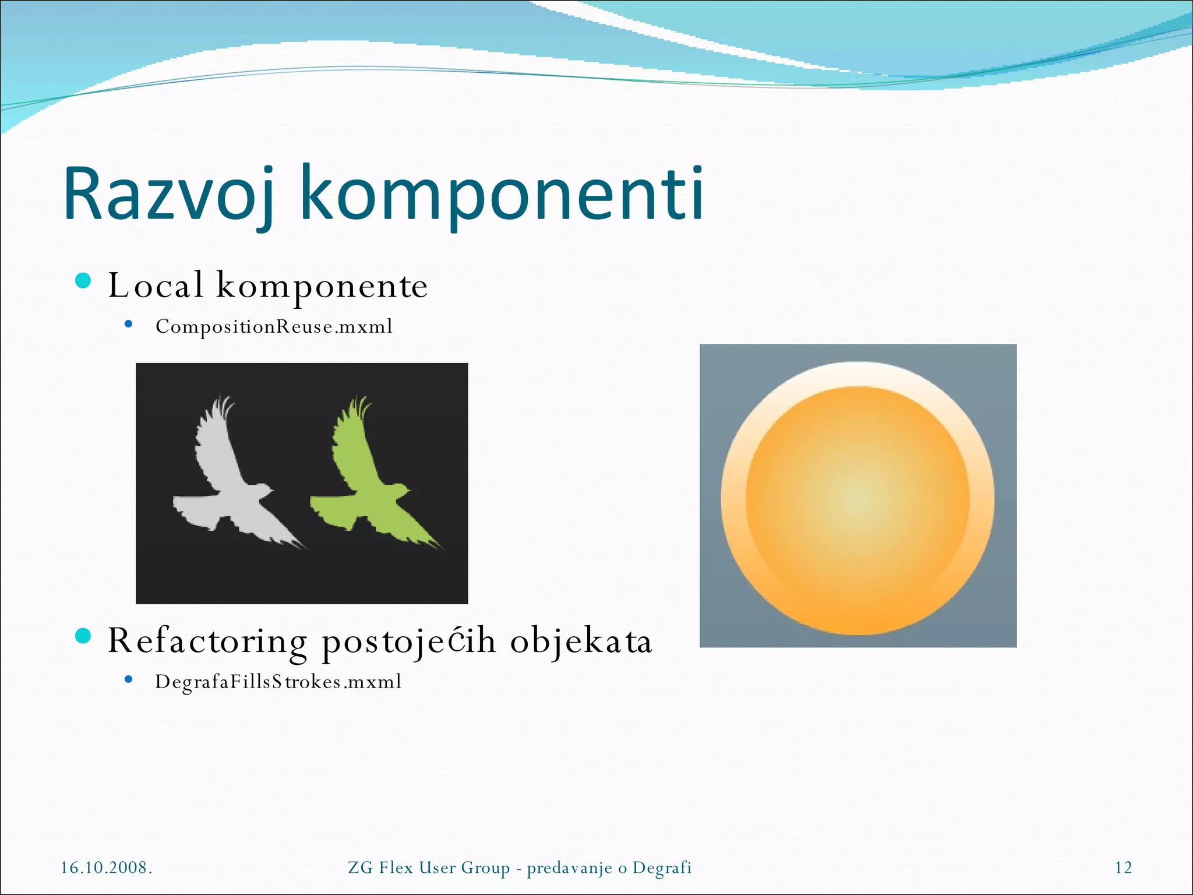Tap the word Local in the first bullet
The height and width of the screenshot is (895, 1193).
[x=156, y=286]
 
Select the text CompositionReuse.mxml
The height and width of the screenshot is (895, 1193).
[x=274, y=326]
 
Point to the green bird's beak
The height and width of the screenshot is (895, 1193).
[x=407, y=490]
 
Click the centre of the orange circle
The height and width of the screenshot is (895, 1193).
[x=857, y=499]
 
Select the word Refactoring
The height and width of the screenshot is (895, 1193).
[x=207, y=641]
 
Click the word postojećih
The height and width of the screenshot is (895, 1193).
[x=408, y=641]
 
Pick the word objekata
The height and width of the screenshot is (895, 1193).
[x=581, y=641]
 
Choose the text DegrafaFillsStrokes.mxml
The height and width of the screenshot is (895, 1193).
[x=278, y=682]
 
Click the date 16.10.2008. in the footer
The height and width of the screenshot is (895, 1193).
[x=107, y=868]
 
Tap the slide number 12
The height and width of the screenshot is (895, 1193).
[x=1123, y=868]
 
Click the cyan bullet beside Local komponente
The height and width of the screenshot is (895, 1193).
[x=84, y=281]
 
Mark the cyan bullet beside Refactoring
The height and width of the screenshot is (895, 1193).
[x=84, y=636]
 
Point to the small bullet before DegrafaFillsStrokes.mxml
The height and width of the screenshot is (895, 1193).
[x=129, y=679]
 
